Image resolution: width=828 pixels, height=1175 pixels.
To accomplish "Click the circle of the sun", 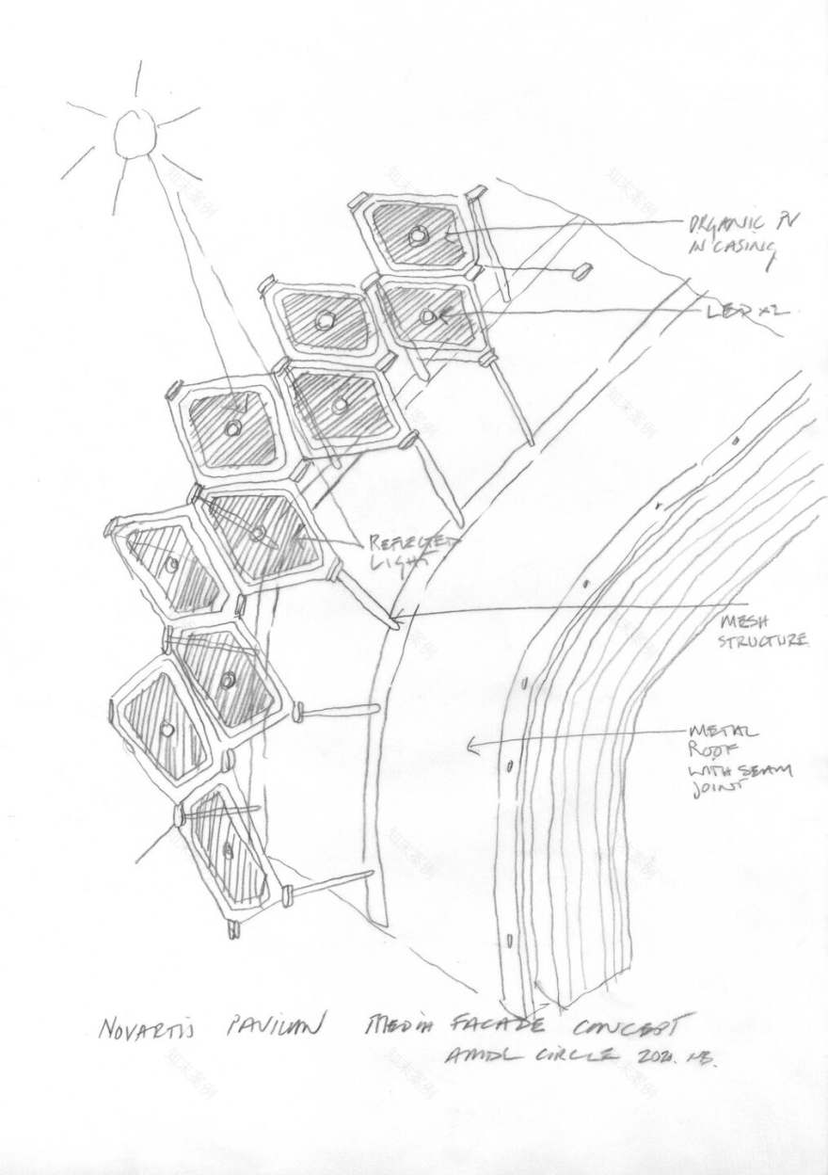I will coord(135,135).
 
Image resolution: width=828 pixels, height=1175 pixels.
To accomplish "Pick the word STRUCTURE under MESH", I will coord(762,641).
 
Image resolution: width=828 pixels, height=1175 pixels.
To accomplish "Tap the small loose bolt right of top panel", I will coord(581,270).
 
